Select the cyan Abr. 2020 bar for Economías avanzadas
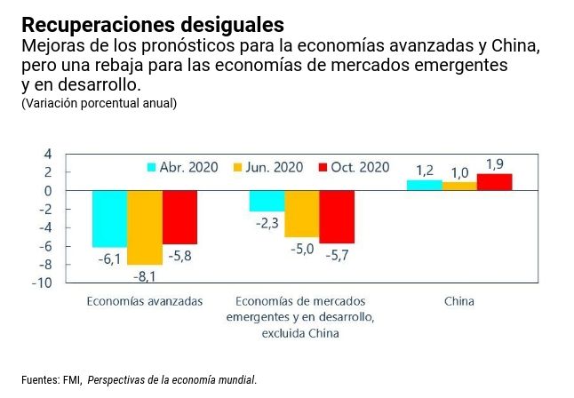[x=109, y=219]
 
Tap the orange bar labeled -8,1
[x=144, y=227]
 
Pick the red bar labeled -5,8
[x=179, y=217]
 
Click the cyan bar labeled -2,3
[x=267, y=201]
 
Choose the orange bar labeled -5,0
[x=301, y=213]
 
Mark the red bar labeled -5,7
[x=337, y=217]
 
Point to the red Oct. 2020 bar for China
[x=494, y=182]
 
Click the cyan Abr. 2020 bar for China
[x=424, y=185]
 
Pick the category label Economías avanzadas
[x=145, y=301]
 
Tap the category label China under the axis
[x=459, y=301]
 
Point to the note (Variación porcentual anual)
[x=99, y=103]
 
